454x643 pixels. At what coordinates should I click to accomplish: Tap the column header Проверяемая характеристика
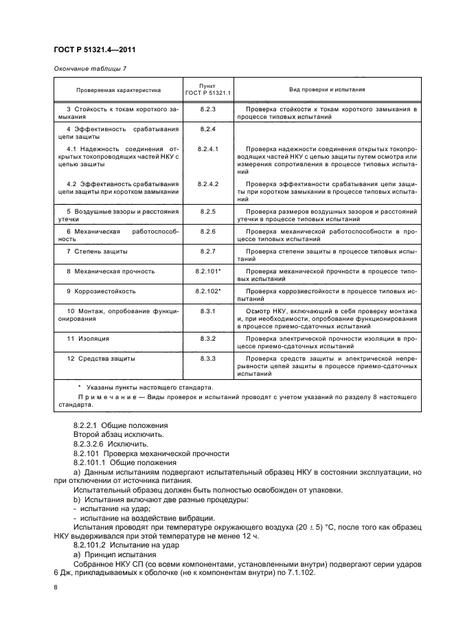click(x=118, y=89)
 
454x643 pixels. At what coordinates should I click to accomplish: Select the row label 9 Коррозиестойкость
click(x=101, y=291)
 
